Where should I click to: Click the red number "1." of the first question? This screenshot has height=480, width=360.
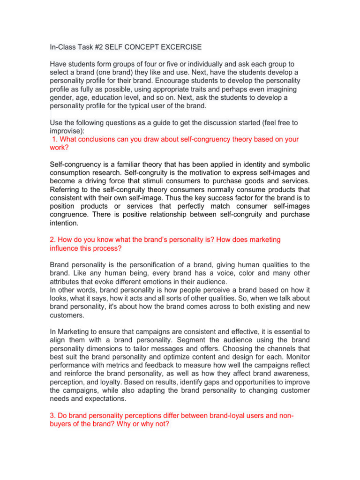click(x=55, y=139)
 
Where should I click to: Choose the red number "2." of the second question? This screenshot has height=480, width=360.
click(x=53, y=240)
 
